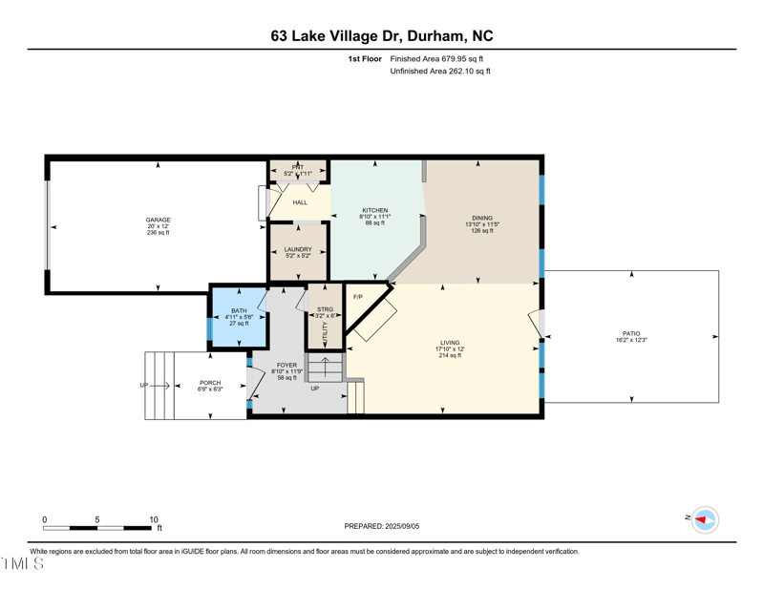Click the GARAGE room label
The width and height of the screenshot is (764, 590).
(x=158, y=220)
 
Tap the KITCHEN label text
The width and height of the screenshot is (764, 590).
(x=374, y=210)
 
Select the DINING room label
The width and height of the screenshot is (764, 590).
(x=482, y=218)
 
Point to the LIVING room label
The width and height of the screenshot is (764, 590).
(x=450, y=343)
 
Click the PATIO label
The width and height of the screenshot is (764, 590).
(x=631, y=333)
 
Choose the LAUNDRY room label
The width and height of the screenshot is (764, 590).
(x=298, y=249)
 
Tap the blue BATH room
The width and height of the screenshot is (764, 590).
(x=238, y=316)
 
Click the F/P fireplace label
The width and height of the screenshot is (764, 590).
(x=358, y=297)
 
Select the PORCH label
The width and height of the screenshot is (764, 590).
(x=210, y=383)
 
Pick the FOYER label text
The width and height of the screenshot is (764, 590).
(x=286, y=365)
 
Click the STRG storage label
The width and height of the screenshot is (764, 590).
(x=326, y=309)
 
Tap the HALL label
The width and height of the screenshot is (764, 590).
(x=300, y=202)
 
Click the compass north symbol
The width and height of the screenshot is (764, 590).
(x=704, y=519)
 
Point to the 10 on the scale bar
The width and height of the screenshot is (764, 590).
(x=153, y=519)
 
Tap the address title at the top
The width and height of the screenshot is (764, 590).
(x=382, y=36)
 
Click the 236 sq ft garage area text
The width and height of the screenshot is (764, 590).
(x=158, y=233)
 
